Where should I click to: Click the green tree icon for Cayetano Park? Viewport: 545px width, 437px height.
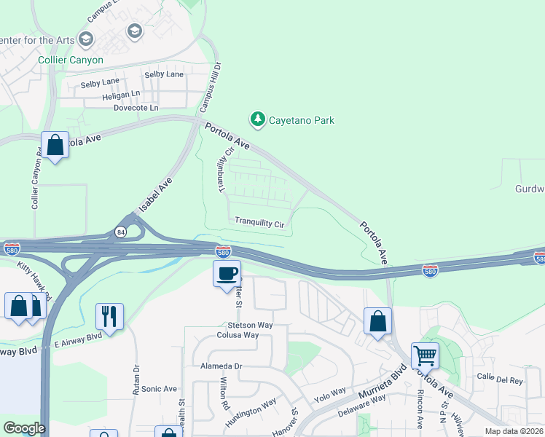[x=256, y=119]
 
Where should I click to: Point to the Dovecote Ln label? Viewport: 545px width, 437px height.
[x=136, y=108]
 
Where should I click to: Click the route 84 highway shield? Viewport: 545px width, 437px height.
[x=119, y=232]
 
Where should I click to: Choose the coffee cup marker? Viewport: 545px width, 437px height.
[x=226, y=273]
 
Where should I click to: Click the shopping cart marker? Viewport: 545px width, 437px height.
[x=425, y=356]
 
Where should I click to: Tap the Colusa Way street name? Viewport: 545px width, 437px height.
[x=238, y=335]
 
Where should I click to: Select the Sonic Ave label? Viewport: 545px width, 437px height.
[x=159, y=389]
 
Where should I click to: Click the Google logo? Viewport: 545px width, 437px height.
[x=24, y=428]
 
